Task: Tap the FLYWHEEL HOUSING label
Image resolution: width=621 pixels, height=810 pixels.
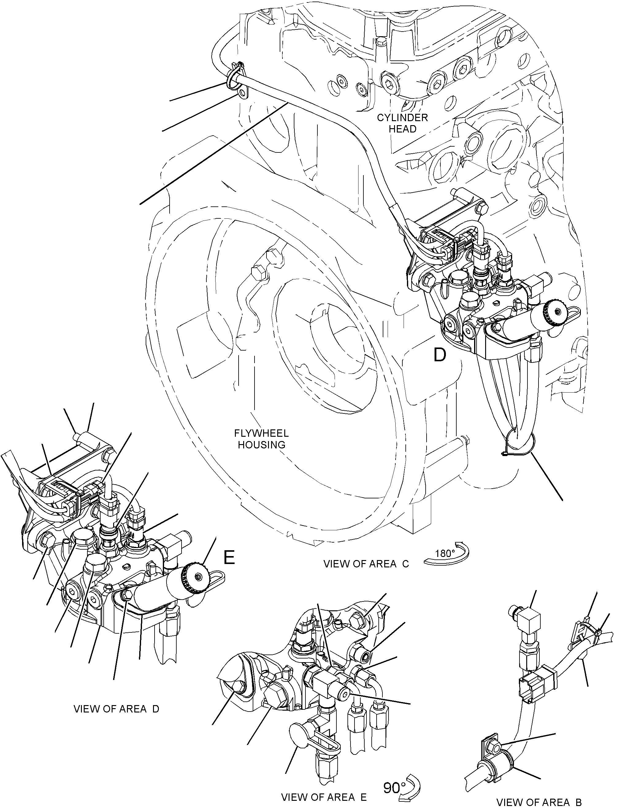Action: click(261, 439)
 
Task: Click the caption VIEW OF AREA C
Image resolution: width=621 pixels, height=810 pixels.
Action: click(366, 564)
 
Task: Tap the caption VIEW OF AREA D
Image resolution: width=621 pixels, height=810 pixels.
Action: click(116, 709)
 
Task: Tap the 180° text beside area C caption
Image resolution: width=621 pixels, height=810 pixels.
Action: click(445, 553)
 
